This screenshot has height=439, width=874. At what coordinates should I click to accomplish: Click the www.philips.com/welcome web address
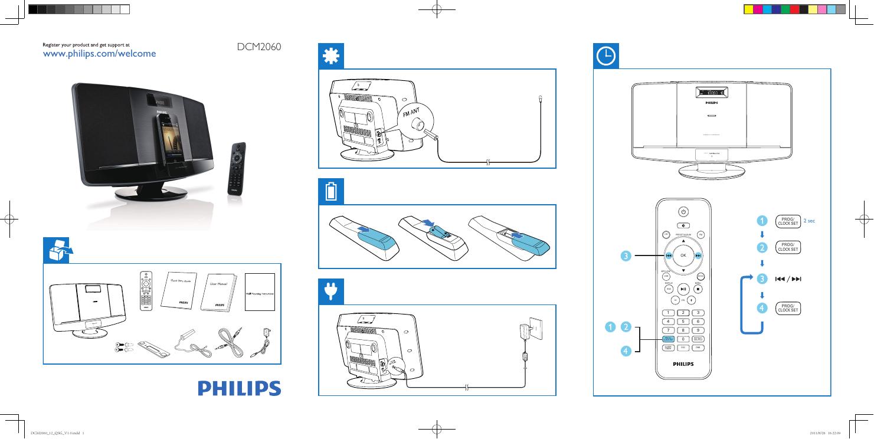[100, 54]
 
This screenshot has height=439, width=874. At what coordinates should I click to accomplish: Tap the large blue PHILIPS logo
[239, 388]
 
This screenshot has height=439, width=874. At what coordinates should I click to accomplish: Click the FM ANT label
[414, 113]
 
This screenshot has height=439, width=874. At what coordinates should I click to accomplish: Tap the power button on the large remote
[683, 212]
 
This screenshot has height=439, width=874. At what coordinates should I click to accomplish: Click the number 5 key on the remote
[683, 321]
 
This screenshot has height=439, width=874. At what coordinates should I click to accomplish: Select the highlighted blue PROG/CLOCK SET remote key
[667, 339]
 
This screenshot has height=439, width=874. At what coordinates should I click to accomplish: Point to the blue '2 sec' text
[809, 221]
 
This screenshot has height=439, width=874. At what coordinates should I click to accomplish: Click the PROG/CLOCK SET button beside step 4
[788, 307]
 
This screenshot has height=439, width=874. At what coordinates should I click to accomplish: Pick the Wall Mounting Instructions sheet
[260, 291]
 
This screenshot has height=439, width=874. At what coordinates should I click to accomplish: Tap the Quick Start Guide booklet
[178, 290]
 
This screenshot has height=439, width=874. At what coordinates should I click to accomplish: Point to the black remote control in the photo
[236, 167]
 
